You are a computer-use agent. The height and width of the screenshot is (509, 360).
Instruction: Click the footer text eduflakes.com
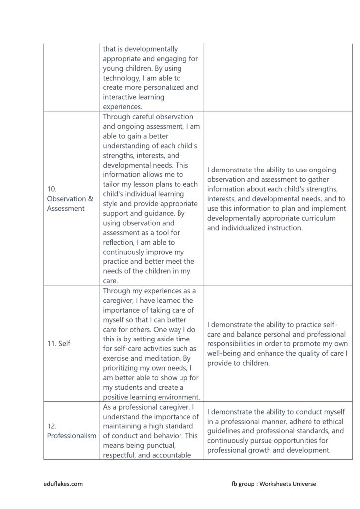[x=63, y=483]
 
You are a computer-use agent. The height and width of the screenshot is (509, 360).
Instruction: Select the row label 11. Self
[x=59, y=343]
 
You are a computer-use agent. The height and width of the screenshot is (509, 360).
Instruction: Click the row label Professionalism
[x=72, y=435]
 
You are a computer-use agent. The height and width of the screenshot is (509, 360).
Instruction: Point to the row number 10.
[x=52, y=189]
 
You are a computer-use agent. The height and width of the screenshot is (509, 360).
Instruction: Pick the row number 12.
[x=52, y=426]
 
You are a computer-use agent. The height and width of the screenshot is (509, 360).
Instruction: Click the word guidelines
[x=226, y=431]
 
